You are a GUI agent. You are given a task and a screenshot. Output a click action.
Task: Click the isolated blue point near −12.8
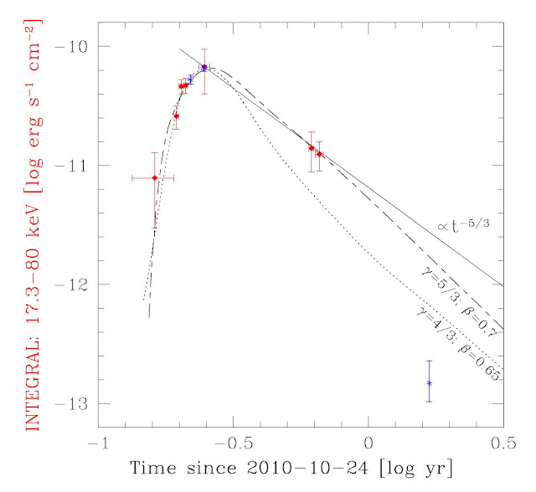pos(429,382)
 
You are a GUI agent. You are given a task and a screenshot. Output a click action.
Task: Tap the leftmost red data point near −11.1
pos(154,177)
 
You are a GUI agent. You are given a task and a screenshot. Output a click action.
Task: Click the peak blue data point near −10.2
pos(204,68)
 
